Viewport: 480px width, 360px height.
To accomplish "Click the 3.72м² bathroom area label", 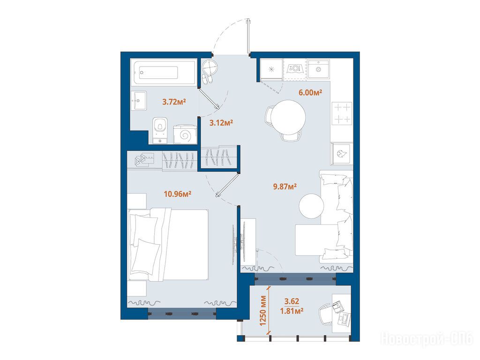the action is [x=174, y=102].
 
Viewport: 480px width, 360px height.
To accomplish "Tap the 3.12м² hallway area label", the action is [x=221, y=123].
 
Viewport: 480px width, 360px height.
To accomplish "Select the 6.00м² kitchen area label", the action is [x=310, y=92].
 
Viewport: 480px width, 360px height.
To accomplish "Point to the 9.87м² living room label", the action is [x=285, y=186].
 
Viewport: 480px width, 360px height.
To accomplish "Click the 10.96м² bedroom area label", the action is [x=178, y=194].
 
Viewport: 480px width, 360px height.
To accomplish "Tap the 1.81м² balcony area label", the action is [x=292, y=311].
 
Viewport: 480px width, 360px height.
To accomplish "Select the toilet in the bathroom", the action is [x=160, y=130].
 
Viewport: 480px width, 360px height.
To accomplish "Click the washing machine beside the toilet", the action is [x=185, y=134].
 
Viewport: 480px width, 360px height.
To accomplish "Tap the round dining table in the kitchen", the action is [x=288, y=117].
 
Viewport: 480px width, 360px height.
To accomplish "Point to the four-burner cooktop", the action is [x=342, y=113].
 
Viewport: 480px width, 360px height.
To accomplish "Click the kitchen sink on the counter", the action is [x=318, y=69].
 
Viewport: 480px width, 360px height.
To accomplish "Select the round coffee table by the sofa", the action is [x=311, y=206].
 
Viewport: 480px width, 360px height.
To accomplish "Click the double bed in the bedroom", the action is [x=168, y=244].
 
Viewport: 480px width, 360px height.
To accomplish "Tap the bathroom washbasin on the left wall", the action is [x=139, y=101].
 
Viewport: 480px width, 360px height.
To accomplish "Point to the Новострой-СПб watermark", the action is [x=427, y=339].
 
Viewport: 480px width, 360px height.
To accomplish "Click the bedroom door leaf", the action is [x=227, y=185].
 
